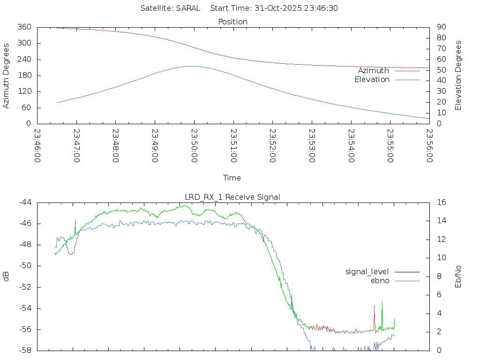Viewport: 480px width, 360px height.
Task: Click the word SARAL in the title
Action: coord(188,8)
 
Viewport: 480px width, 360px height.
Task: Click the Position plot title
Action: coord(232,22)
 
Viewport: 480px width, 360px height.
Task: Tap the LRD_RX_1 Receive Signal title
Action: coord(232,197)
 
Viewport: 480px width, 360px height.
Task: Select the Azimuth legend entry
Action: coord(374,71)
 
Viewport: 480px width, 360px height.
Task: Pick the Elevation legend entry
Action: coord(372,80)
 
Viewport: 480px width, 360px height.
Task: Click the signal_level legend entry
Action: coord(367,272)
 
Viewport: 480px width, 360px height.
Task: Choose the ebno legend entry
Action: coord(380,280)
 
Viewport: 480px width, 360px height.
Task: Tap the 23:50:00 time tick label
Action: coord(194,145)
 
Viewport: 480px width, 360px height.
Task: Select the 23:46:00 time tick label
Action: coord(37,145)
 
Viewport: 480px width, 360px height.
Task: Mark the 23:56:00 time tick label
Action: coord(429,145)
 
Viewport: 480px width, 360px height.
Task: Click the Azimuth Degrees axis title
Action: coord(7,75)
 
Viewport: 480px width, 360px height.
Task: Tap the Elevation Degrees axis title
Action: coord(458,75)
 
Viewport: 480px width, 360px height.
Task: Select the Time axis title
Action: coord(232,178)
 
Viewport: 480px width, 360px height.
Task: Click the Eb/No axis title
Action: coord(458,276)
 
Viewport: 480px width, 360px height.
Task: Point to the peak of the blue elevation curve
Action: coord(192,66)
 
